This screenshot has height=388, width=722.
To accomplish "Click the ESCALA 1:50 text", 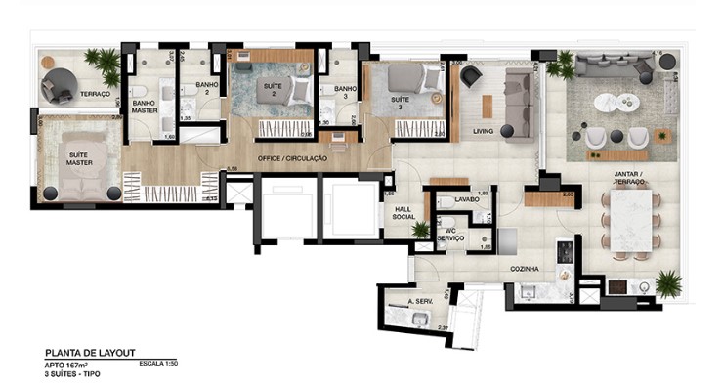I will pyautogui.click(x=159, y=364).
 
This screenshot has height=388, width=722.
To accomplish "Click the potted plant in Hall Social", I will pyautogui.click(x=421, y=230).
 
